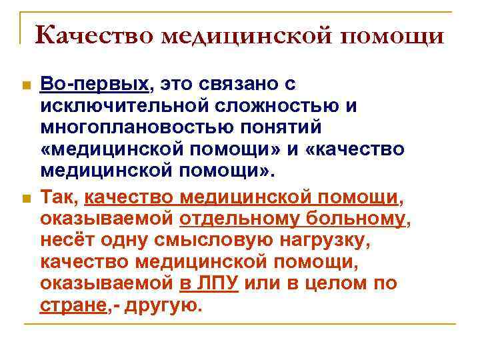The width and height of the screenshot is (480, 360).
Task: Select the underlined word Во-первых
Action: (94, 85)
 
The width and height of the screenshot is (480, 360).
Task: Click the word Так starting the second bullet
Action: (58, 196)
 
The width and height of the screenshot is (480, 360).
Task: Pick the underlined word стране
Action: (72, 305)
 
